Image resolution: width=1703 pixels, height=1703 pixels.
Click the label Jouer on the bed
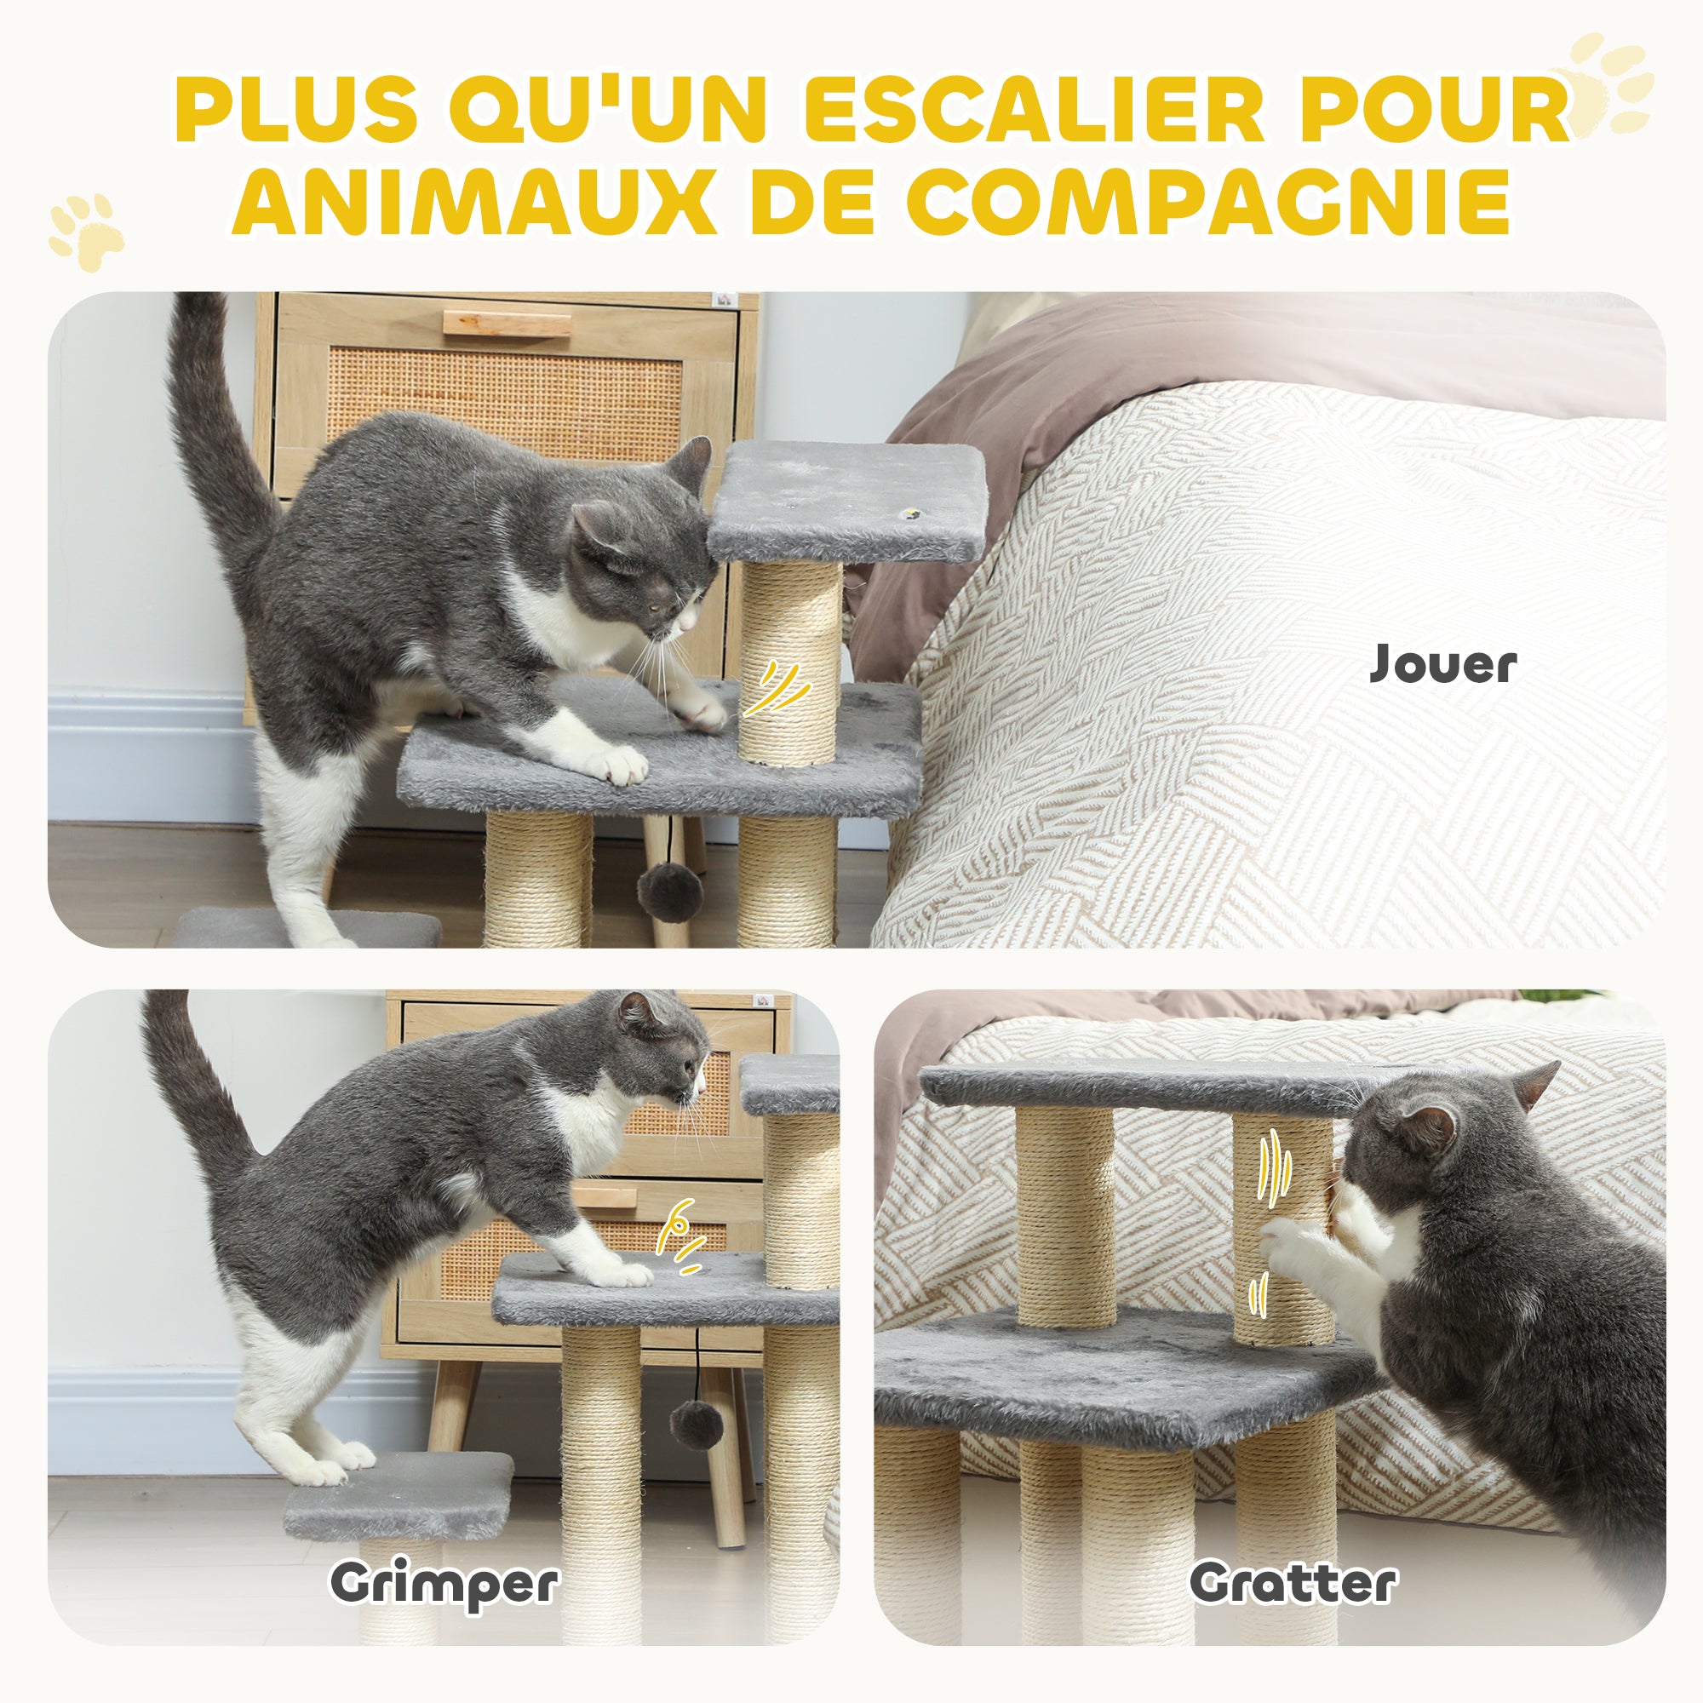click(x=1443, y=664)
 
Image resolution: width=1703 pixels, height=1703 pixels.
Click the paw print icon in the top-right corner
click(x=1601, y=83)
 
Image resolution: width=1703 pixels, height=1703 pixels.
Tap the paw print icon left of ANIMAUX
click(x=85, y=231)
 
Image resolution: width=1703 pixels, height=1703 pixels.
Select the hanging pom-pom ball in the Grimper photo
click(x=697, y=1425)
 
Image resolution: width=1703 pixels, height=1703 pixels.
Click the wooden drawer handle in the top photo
click(x=507, y=323)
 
